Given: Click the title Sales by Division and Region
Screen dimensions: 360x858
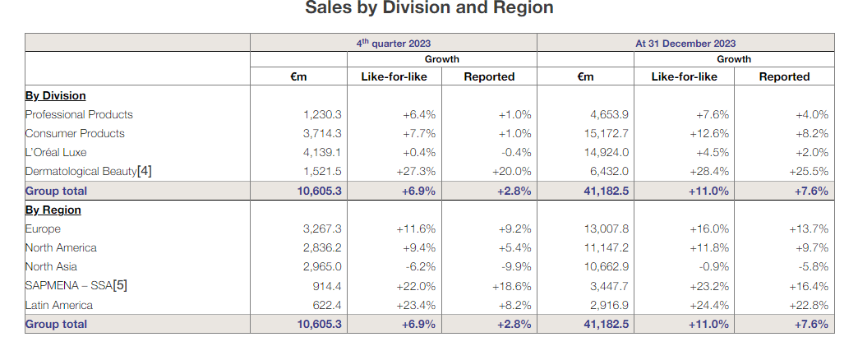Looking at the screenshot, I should click(429, 8).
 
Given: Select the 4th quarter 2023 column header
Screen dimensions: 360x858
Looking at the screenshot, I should click(393, 44).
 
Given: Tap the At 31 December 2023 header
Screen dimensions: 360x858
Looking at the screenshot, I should click(685, 44).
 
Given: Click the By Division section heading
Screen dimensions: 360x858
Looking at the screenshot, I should click(55, 96).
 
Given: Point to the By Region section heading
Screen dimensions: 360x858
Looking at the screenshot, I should click(53, 210).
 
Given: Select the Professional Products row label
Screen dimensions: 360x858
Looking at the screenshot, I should click(79, 115).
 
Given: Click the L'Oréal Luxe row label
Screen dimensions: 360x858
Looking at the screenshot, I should click(56, 153).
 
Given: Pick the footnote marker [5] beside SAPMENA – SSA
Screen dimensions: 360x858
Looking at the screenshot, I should click(119, 286).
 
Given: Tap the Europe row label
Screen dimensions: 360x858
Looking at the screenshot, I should click(43, 229).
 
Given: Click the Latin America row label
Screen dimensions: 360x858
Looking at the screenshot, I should click(59, 306).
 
